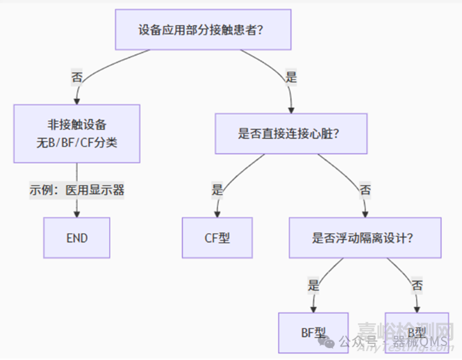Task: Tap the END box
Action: point(76,238)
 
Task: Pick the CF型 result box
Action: point(217,238)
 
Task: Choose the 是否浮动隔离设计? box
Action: point(364,238)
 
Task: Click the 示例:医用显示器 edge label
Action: point(76,189)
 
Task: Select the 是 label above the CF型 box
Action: point(217,189)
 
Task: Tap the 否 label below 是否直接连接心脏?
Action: point(365,189)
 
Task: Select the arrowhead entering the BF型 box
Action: point(314,307)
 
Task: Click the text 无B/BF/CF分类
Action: point(76,143)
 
